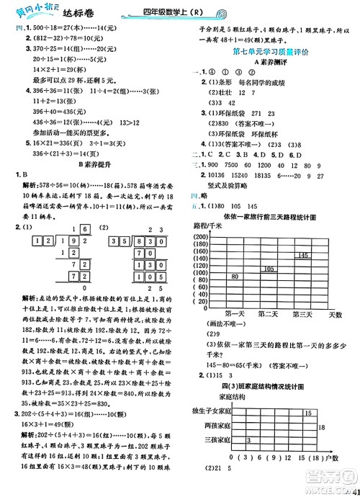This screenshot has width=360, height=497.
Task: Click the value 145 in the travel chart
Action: pos(302,256)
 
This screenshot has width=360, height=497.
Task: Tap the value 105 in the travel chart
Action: pos(268,269)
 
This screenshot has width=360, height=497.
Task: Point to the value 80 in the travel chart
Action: pos(235,277)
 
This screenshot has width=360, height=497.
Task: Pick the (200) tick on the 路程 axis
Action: pos(200,237)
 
